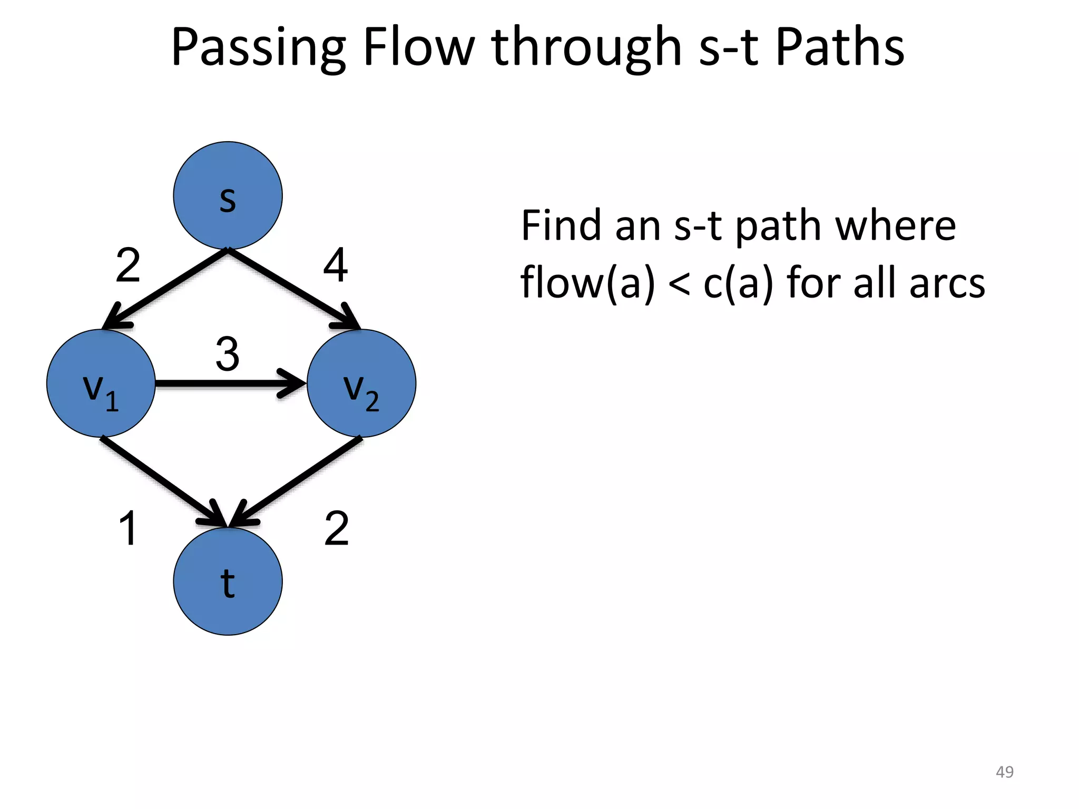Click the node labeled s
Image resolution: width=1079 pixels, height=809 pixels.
[228, 195]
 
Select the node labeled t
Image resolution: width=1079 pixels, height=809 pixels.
[228, 581]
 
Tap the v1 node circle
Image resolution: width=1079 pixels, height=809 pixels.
[101, 383]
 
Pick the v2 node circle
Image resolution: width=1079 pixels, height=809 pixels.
[361, 383]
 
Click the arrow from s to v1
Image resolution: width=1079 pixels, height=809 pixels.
[165, 289]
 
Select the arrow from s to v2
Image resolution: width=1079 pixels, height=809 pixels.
[293, 289]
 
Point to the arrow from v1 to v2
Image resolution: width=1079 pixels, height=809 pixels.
[230, 383]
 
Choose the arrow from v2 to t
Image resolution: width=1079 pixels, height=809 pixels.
[297, 480]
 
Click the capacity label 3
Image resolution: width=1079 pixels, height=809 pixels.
[228, 354]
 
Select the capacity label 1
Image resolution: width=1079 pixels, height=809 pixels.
[129, 528]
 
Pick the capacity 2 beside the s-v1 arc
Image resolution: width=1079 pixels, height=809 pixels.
[128, 265]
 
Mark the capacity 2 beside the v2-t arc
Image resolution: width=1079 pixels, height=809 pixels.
[337, 528]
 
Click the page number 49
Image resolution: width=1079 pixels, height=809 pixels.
[1004, 772]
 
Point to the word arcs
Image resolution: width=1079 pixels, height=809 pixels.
[947, 283]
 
